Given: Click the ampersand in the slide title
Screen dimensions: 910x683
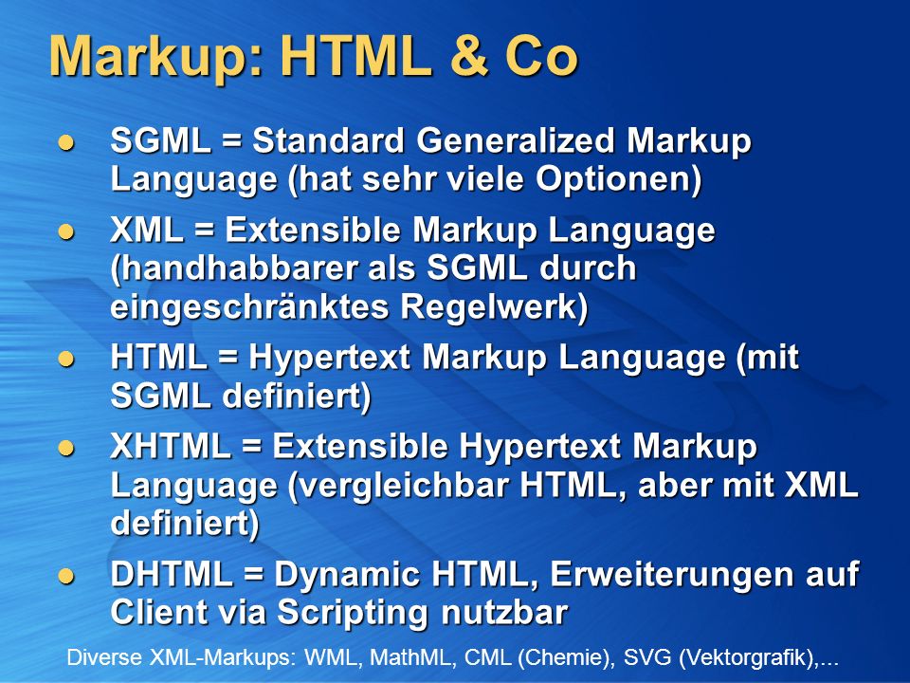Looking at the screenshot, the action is tap(468, 56).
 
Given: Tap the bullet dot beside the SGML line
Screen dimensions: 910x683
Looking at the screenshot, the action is tap(66, 143).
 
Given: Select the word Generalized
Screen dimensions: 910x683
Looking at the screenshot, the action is tap(515, 140).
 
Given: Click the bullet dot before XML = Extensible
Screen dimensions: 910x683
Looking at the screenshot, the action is tap(66, 232).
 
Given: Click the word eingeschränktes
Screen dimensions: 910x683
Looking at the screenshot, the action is tap(249, 307).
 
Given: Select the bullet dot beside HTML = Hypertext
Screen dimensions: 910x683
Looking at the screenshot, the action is tap(66, 359).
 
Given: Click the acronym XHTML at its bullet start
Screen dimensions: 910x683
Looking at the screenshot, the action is tap(171, 447).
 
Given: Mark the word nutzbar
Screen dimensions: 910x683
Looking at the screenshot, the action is tap(504, 613).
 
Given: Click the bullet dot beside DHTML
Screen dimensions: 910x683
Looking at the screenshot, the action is tap(66, 576).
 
